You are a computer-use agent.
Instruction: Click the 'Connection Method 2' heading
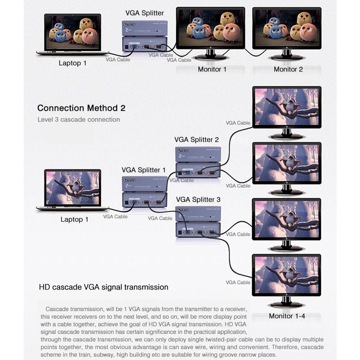81,108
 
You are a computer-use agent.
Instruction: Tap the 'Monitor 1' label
212,69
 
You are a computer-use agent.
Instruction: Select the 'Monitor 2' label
288,69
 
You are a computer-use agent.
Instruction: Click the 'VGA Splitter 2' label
197,139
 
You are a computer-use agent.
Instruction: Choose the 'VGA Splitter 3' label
198,199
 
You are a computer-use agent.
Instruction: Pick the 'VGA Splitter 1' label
143,170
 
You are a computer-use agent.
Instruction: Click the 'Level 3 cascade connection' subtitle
79,120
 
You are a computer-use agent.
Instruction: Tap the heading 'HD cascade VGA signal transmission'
104,287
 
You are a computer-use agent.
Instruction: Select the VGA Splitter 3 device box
198,222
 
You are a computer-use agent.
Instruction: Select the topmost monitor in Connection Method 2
287,109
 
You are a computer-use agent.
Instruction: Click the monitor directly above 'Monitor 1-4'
287,275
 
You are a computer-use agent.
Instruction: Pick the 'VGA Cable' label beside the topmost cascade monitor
238,123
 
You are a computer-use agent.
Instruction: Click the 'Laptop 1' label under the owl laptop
73,63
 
